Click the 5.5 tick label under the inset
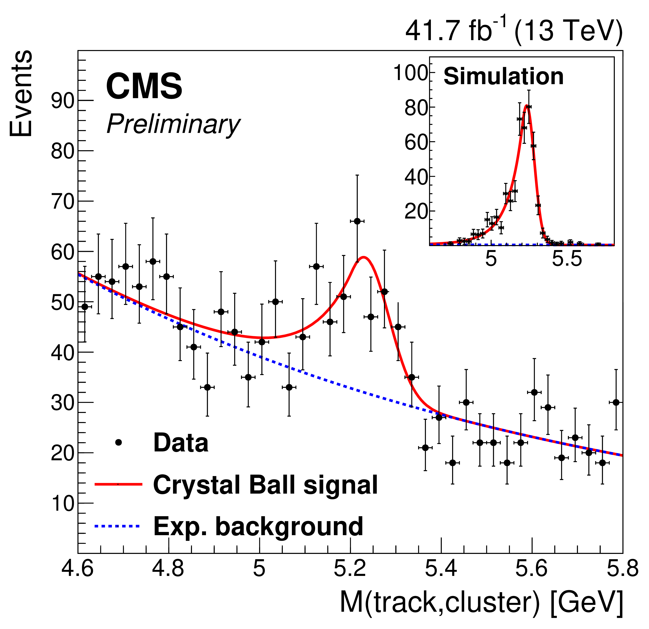pyautogui.click(x=567, y=259)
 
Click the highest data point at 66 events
pyautogui.click(x=357, y=221)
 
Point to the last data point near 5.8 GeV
pyautogui.click(x=616, y=402)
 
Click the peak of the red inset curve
pyautogui.click(x=526, y=106)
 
